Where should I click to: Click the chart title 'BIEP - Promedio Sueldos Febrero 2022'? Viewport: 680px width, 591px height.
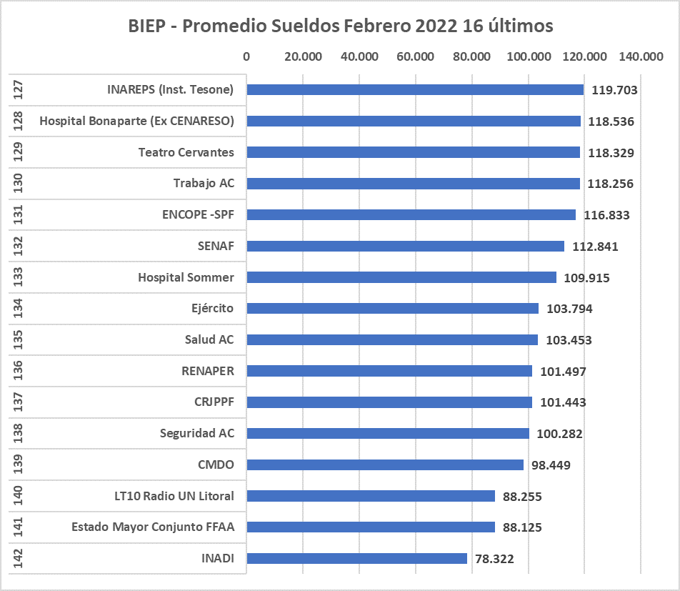click(341, 26)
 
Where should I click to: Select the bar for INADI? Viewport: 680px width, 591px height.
click(356, 559)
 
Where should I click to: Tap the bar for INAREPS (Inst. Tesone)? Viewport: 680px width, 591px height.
click(415, 89)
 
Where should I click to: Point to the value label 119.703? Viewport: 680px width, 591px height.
click(613, 90)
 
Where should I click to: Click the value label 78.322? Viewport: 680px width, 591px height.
click(494, 559)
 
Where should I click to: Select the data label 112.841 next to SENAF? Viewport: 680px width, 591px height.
click(595, 247)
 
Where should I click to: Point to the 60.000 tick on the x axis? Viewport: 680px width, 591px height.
click(415, 57)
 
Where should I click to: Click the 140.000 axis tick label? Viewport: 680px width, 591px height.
click(641, 57)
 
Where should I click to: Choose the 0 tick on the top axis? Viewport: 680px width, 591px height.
click(246, 57)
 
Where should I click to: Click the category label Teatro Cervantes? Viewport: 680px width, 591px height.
click(186, 152)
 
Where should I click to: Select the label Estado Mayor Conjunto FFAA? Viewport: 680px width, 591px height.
click(153, 527)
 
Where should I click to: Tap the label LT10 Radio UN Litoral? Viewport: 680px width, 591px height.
click(174, 496)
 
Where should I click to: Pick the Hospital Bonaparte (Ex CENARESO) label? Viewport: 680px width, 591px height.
click(136, 121)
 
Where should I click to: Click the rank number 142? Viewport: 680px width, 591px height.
click(19, 559)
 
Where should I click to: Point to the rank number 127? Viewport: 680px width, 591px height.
click(19, 89)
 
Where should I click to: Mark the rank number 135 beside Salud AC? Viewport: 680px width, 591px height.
click(19, 339)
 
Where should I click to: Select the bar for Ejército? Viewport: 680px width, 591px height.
click(392, 308)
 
